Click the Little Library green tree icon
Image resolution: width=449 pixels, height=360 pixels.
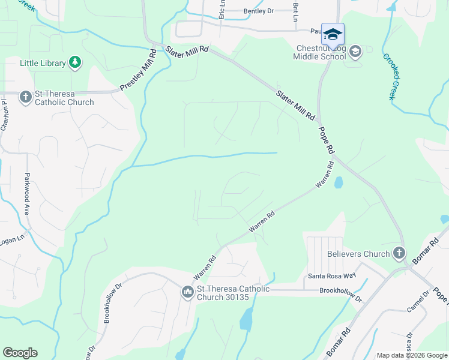pyautogui.click(x=75, y=62)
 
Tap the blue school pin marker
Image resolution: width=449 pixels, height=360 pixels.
pyautogui.click(x=333, y=34)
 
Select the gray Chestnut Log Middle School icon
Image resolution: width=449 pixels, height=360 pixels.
pyautogui.click(x=355, y=52)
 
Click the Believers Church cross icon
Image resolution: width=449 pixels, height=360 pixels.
pyautogui.click(x=399, y=254)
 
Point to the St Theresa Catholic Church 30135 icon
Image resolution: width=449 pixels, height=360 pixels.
pyautogui.click(x=187, y=292)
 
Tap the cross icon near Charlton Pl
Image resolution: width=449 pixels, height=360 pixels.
pyautogui.click(x=25, y=97)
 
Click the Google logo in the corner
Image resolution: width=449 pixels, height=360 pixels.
pyautogui.click(x=20, y=353)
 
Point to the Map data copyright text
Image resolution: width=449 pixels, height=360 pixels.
pyautogui.click(x=411, y=355)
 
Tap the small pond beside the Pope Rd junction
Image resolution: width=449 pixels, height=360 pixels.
pyautogui.click(x=339, y=182)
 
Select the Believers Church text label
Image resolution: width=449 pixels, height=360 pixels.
pyautogui.click(x=358, y=254)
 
